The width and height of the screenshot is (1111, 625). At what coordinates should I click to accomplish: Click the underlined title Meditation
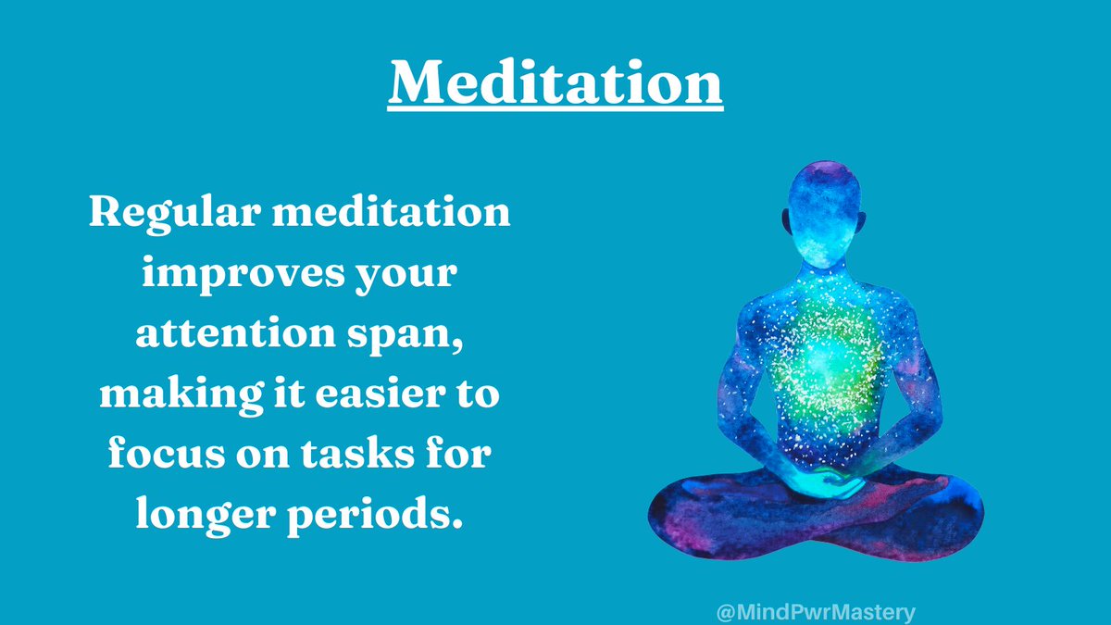(555, 83)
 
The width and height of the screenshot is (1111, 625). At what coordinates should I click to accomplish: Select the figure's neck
(815, 269)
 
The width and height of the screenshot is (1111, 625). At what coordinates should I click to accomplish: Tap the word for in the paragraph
(463, 455)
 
